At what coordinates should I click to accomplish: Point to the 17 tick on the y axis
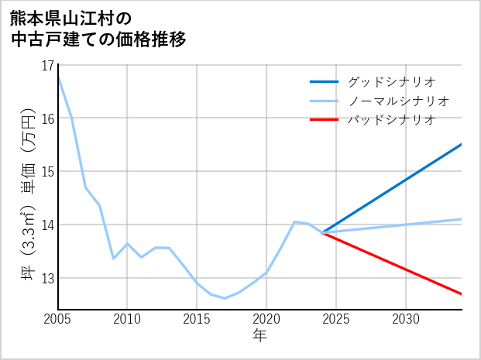point(48,65)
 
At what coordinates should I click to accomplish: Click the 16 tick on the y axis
point(48,118)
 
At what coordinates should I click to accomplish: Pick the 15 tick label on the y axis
point(48,171)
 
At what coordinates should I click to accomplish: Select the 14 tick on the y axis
point(48,225)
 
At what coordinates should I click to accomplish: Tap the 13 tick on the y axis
point(48,278)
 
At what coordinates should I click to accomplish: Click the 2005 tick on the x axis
point(57,319)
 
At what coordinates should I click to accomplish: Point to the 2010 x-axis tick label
point(127,319)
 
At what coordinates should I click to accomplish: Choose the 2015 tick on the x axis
point(197,319)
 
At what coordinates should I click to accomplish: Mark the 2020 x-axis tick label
point(266,319)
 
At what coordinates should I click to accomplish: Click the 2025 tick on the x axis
point(336,319)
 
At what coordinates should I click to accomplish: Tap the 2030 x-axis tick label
point(406,319)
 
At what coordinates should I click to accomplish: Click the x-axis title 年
point(259,336)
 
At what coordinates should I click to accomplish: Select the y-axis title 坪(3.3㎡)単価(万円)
point(28,187)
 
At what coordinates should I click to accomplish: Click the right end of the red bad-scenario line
point(461,294)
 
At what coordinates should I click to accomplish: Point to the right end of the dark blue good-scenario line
point(461,144)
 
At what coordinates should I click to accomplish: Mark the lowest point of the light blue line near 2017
point(225,298)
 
